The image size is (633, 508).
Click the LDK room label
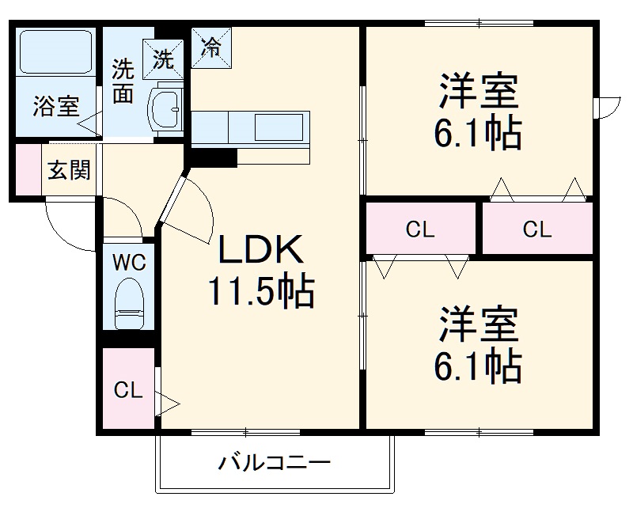click(260, 252)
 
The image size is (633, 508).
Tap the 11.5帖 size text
click(260, 292)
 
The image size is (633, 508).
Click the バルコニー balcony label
click(274, 462)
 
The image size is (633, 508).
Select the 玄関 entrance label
click(69, 169)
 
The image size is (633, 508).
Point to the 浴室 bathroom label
click(55, 107)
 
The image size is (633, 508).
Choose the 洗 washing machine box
click(163, 58)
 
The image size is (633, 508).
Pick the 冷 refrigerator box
click(211, 47)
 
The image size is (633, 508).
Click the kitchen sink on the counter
click(277, 127)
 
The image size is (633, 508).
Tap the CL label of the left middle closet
click(420, 230)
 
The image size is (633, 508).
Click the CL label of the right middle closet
click(536, 230)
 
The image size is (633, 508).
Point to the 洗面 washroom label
click(123, 82)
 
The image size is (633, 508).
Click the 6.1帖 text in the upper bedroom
click(477, 135)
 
